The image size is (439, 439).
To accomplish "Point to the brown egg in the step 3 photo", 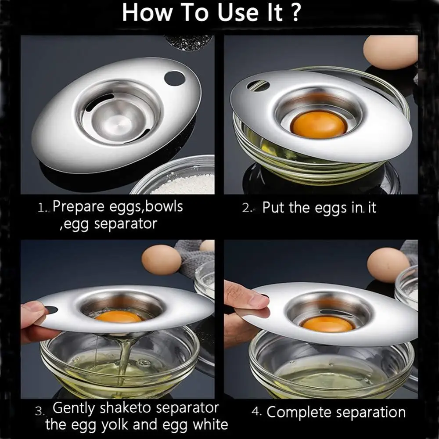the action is pos(161,261).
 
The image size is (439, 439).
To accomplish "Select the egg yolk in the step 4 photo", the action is pos(327,324).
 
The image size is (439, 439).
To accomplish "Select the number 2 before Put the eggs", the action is pos(246,208).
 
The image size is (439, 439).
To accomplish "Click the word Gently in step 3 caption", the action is pos(73,408).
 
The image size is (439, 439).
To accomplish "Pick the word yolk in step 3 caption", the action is pos(115,425).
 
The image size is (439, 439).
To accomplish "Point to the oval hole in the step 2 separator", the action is pos(258,86).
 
